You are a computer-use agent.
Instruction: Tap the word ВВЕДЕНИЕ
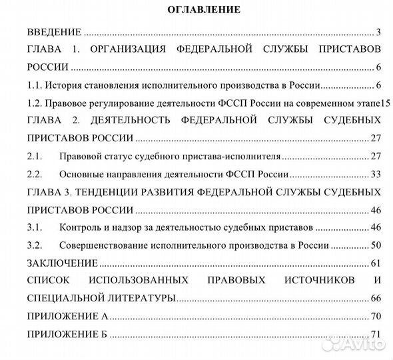[54, 32]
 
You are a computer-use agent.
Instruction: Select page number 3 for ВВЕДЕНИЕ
[378, 32]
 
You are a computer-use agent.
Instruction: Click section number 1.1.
[34, 85]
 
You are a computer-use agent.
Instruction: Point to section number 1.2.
[34, 103]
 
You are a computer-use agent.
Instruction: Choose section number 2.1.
[34, 157]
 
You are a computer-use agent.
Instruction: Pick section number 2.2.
[34, 175]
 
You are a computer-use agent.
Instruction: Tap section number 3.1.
[34, 228]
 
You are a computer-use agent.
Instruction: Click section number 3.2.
[34, 245]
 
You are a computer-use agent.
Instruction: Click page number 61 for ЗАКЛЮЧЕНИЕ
[375, 263]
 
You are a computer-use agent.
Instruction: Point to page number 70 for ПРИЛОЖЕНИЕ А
[375, 316]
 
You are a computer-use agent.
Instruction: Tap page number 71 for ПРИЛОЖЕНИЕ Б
[375, 333]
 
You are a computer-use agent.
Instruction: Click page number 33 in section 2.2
[375, 175]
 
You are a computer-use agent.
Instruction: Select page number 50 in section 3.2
[375, 245]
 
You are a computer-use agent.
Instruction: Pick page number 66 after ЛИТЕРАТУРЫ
[375, 298]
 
